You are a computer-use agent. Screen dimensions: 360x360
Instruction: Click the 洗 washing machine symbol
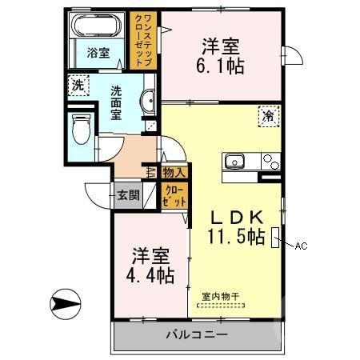[x=77, y=85]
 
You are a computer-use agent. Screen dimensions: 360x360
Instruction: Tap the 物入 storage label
[x=174, y=171]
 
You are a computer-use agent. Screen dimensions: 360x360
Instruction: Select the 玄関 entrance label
[x=128, y=194]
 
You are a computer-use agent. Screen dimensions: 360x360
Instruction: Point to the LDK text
[x=238, y=218]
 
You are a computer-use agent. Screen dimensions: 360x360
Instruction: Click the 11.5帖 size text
[x=236, y=237]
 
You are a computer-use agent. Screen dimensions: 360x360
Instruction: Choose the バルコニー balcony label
[x=197, y=334]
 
